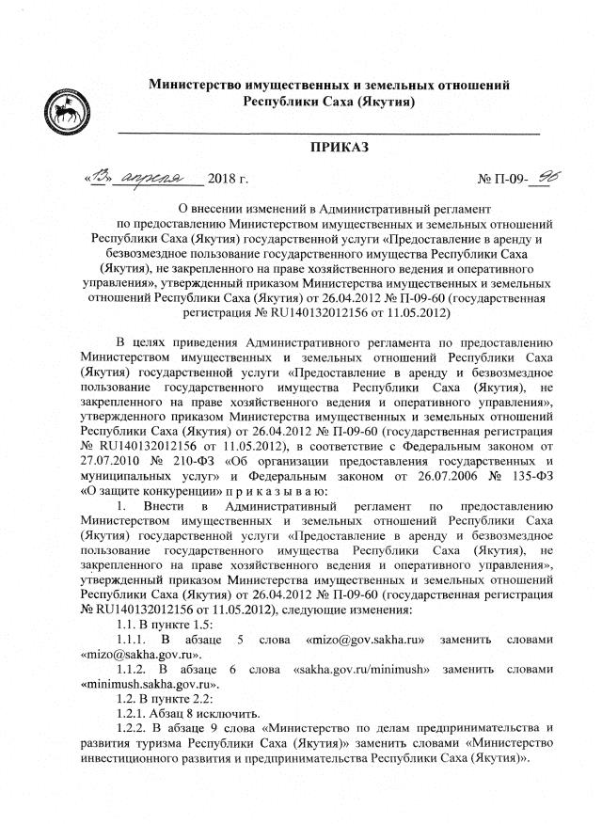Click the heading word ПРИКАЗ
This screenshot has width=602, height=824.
(x=340, y=148)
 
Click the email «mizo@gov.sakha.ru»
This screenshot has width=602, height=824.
(x=361, y=640)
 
